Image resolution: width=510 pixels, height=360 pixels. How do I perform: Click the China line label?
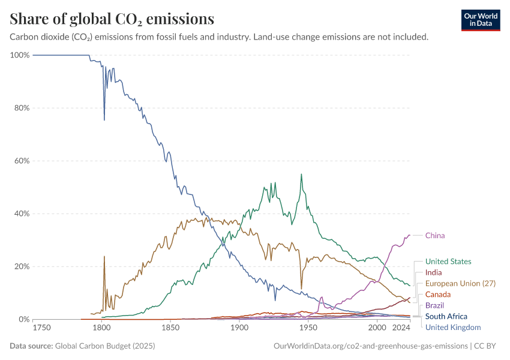tap(435, 235)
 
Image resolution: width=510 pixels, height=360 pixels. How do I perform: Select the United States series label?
tap(448, 262)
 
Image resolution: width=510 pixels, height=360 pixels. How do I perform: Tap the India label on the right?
tap(433, 272)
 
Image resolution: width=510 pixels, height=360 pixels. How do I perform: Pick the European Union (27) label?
tap(460, 283)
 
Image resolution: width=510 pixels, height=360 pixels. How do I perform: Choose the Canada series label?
tap(437, 294)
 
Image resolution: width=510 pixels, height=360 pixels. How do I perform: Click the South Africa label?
tap(446, 316)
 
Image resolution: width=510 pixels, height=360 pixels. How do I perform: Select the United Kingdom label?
tap(453, 327)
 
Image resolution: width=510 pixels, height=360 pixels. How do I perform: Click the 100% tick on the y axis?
tap(20, 55)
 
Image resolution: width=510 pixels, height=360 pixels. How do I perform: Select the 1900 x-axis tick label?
tap(239, 328)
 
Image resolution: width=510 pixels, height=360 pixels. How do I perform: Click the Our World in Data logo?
tap(481, 20)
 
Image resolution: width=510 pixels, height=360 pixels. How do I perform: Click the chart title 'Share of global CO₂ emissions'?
tap(112, 19)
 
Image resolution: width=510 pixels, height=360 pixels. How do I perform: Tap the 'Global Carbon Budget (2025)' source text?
tap(106, 346)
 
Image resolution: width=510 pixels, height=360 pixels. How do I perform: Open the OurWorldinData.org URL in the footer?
tap(370, 346)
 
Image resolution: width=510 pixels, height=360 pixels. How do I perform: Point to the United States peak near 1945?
tap(301, 175)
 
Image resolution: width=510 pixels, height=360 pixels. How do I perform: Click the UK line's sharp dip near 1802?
tap(104, 120)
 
